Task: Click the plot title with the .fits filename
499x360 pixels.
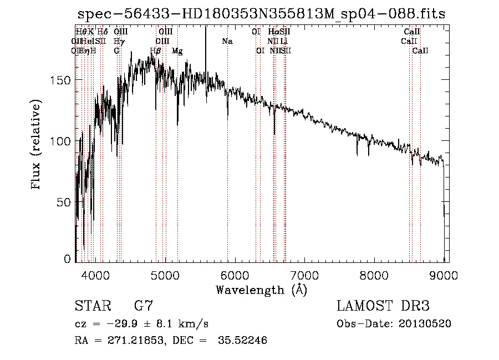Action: [x=261, y=14]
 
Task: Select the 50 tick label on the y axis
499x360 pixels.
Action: [x=67, y=202]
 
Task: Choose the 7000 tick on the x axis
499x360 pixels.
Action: [x=305, y=276]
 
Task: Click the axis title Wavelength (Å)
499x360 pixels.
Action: [x=261, y=290]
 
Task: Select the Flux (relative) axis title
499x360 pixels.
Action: [x=37, y=145]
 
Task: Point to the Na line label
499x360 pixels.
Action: [x=227, y=41]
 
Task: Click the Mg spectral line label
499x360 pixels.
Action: [x=177, y=51]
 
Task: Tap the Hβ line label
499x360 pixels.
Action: [x=156, y=51]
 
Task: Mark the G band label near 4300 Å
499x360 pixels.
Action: [x=117, y=51]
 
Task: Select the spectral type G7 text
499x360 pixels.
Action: [x=144, y=306]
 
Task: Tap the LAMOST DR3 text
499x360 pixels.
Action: [x=383, y=306]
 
